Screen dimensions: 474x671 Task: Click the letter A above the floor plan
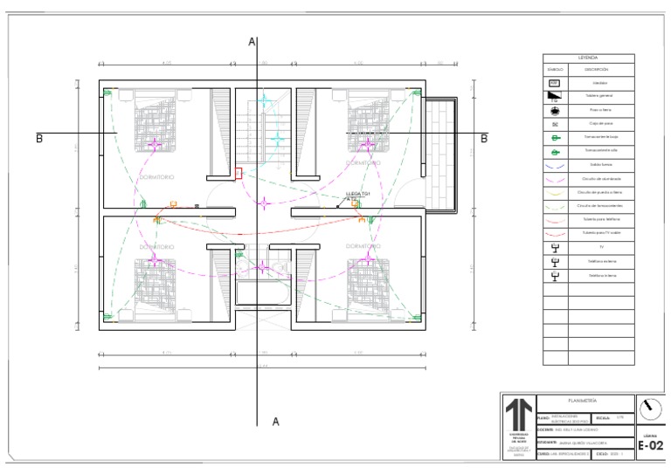(x=252, y=41)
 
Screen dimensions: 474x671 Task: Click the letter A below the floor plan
(x=275, y=422)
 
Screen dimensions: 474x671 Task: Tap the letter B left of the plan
(x=39, y=138)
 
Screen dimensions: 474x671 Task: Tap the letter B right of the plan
(x=484, y=138)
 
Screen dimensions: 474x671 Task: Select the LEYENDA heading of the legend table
(x=587, y=58)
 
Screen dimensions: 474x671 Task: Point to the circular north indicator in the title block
(x=649, y=409)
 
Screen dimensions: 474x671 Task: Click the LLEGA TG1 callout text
(x=358, y=194)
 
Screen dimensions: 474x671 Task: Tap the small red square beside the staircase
(x=239, y=173)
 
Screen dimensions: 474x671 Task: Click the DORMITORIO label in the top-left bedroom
(x=156, y=177)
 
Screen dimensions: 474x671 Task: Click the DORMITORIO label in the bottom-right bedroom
(x=363, y=247)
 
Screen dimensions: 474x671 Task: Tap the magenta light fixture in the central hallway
(x=264, y=203)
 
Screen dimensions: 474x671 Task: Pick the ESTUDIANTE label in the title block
(x=519, y=443)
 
